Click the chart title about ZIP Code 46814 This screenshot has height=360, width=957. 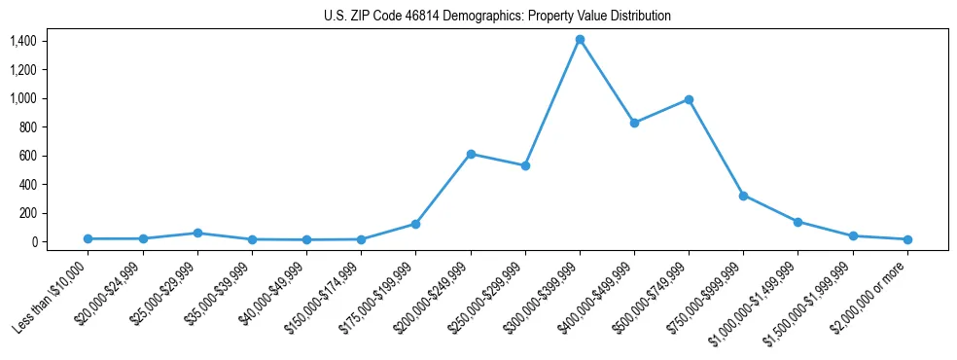pyautogui.click(x=497, y=17)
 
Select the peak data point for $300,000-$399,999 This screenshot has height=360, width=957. pyautogui.click(x=580, y=40)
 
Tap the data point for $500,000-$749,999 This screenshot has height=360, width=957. pyautogui.click(x=689, y=99)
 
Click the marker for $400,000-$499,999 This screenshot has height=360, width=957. pyautogui.click(x=634, y=123)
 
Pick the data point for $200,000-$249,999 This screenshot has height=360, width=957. pyautogui.click(x=471, y=154)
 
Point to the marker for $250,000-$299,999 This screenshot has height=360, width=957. pyautogui.click(x=525, y=165)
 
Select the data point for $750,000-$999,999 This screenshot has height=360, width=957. pyautogui.click(x=743, y=196)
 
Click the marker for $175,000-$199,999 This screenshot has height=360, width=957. pyautogui.click(x=416, y=224)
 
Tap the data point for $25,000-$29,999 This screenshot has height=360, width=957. pyautogui.click(x=197, y=233)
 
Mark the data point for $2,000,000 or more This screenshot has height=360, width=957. pyautogui.click(x=907, y=239)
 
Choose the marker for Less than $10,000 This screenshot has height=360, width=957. pyautogui.click(x=89, y=238)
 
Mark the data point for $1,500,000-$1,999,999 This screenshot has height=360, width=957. pyautogui.click(x=853, y=236)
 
